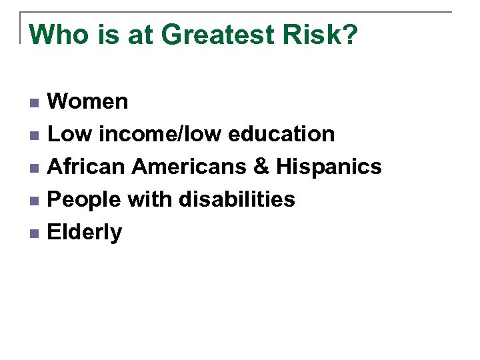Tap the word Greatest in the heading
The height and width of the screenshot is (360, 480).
[213, 35]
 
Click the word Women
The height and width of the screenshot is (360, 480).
[88, 101]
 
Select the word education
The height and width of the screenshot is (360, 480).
[281, 134]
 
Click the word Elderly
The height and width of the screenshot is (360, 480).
[85, 233]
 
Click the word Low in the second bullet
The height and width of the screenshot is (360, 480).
[69, 134]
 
